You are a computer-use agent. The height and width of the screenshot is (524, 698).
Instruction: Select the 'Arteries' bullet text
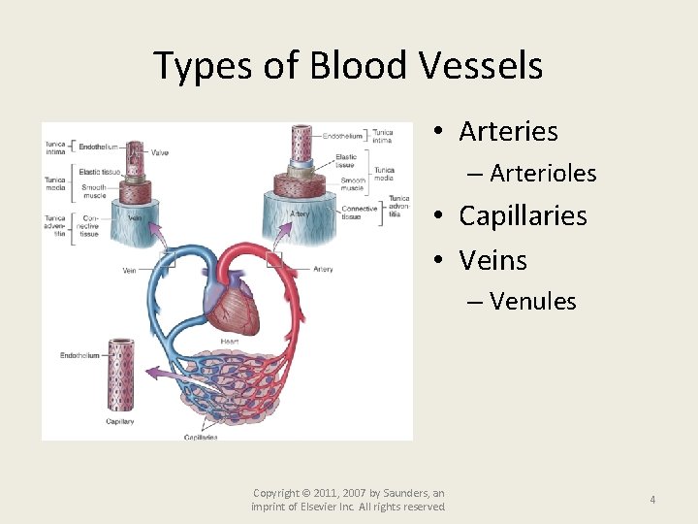[508, 131]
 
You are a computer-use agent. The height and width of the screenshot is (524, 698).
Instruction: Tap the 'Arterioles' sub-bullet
[543, 174]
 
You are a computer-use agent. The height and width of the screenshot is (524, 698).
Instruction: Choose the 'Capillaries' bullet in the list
[523, 215]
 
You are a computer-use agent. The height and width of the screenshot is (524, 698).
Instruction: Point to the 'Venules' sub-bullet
[532, 302]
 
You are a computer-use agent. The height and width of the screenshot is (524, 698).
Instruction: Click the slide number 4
[652, 500]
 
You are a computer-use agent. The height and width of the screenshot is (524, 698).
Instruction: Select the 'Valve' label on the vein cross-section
[160, 150]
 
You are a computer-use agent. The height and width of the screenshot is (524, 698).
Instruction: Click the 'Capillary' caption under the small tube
[120, 421]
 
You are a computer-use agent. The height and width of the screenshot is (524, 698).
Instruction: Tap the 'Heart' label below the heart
[229, 342]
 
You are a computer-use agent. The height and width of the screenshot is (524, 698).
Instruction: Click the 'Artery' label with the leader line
[324, 269]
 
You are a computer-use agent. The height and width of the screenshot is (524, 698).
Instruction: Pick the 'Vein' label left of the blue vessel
[129, 271]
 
